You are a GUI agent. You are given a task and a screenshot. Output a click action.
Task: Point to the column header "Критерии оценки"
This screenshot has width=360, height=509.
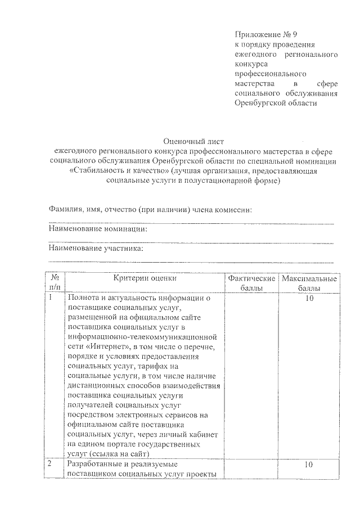(145, 278)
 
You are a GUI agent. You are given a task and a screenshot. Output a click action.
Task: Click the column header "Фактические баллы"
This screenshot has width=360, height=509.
(251, 283)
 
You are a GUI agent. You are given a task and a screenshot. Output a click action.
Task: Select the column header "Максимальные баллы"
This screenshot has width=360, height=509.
(310, 283)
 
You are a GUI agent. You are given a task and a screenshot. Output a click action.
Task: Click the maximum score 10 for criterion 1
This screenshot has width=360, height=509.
(309, 298)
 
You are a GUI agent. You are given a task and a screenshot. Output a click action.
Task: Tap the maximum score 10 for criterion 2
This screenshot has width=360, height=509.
(308, 465)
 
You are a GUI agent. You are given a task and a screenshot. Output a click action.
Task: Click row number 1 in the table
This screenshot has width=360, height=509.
(51, 298)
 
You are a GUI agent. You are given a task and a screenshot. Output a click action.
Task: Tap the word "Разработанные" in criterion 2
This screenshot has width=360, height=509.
(94, 465)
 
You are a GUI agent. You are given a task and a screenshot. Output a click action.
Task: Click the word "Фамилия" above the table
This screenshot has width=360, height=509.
(66, 210)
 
